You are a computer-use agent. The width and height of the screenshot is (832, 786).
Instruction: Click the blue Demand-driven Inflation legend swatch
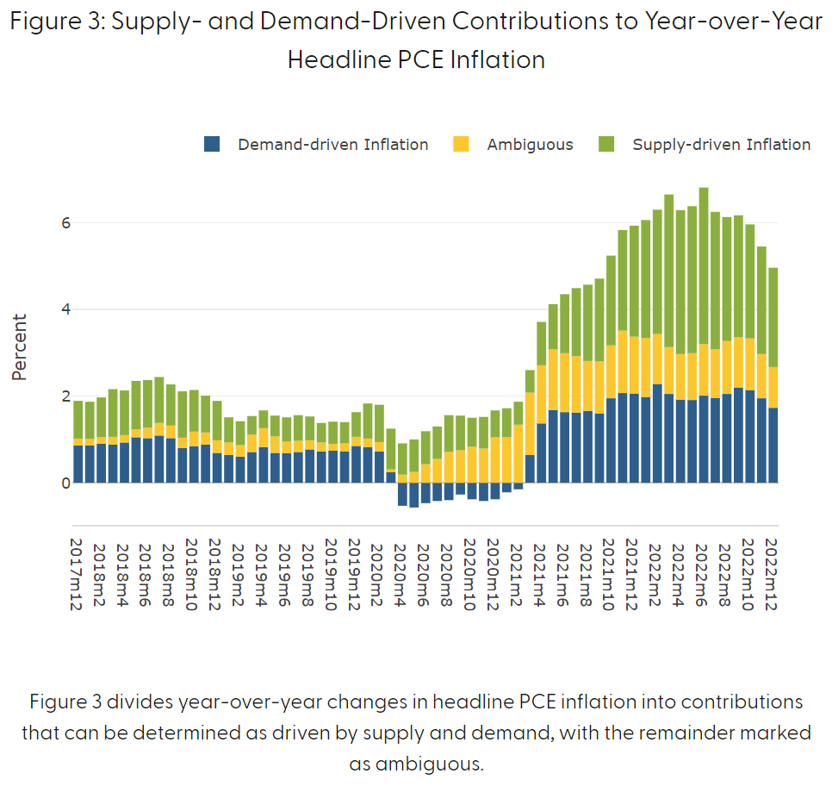213,144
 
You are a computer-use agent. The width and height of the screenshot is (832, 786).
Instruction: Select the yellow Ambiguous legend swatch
461,144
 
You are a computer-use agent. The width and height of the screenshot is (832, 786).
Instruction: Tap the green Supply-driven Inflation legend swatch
606,144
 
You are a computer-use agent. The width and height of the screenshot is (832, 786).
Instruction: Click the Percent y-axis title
20,346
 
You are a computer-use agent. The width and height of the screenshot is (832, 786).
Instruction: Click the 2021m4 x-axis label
539,571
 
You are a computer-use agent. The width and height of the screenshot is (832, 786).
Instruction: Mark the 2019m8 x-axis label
307,571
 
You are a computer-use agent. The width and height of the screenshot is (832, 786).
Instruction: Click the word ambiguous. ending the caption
416,764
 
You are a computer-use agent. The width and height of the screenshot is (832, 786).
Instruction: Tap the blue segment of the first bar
78,464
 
